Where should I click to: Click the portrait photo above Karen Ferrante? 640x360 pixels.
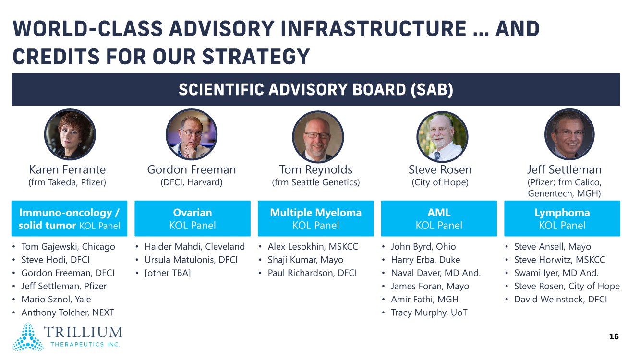click(x=70, y=134)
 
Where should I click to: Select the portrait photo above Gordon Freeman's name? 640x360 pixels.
click(x=192, y=134)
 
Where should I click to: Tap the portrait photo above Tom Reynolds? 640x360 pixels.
click(x=318, y=137)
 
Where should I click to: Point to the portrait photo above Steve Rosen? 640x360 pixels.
click(x=442, y=137)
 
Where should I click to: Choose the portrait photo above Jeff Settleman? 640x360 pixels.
click(x=570, y=134)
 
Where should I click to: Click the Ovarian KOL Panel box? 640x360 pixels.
click(x=193, y=218)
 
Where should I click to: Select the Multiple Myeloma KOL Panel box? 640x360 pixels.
click(x=316, y=218)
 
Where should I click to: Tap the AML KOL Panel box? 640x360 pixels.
click(x=439, y=218)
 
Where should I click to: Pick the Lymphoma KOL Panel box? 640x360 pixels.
click(x=562, y=218)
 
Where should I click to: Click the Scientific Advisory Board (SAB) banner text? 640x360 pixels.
click(x=316, y=90)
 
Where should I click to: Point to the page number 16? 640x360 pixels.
click(x=614, y=336)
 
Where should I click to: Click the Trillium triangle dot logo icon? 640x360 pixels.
click(x=28, y=336)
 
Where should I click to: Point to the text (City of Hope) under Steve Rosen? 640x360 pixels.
click(x=440, y=182)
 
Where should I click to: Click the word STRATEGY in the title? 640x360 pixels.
click(x=256, y=56)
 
